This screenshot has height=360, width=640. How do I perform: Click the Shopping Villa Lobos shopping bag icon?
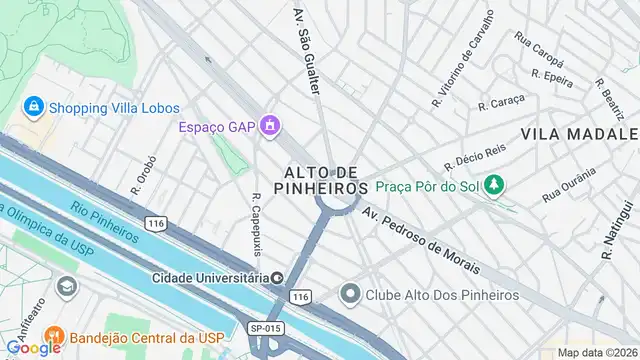[34, 105]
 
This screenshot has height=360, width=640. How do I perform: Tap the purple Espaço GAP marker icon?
[269, 126]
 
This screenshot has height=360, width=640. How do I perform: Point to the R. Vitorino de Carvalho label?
[463, 60]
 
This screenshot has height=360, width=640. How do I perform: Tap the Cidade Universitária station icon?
[277, 277]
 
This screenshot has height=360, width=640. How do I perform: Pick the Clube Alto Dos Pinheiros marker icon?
[349, 294]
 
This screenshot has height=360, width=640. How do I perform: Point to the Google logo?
[32, 348]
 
